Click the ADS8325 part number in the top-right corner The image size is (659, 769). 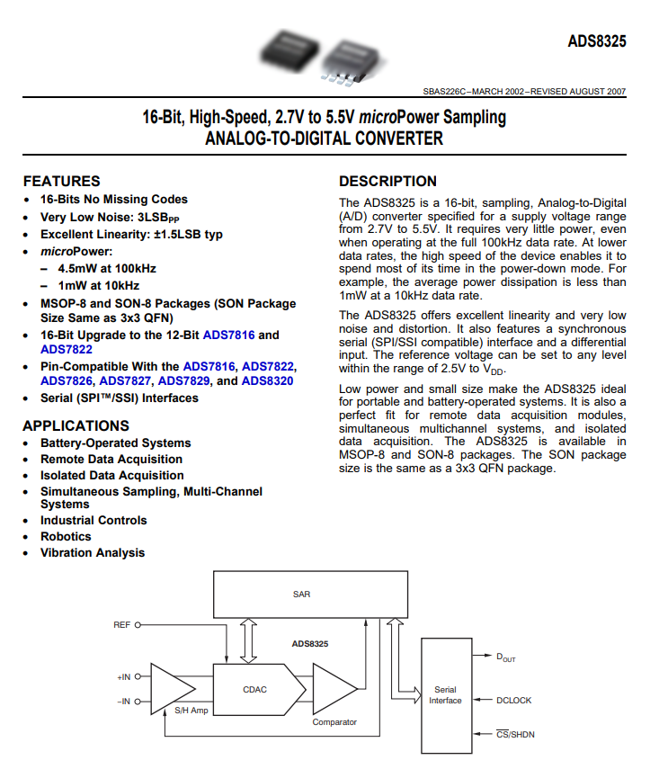(597, 41)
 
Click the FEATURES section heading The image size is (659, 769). (62, 182)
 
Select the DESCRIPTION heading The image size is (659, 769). (387, 182)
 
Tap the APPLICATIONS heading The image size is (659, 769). (76, 425)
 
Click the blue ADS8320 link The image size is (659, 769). (267, 381)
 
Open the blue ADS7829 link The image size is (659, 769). (183, 381)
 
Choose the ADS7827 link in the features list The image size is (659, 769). (125, 381)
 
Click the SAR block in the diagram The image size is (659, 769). (310, 595)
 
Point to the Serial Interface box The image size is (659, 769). (446, 695)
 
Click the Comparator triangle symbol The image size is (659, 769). (334, 689)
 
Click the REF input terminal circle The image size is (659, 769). (138, 625)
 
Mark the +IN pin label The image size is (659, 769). (123, 676)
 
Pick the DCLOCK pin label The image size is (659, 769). (514, 701)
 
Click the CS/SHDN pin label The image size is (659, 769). (515, 734)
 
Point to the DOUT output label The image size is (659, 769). (506, 657)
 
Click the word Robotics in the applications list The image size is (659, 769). (66, 537)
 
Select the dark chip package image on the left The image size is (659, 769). (289, 51)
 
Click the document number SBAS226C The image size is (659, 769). (444, 91)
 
